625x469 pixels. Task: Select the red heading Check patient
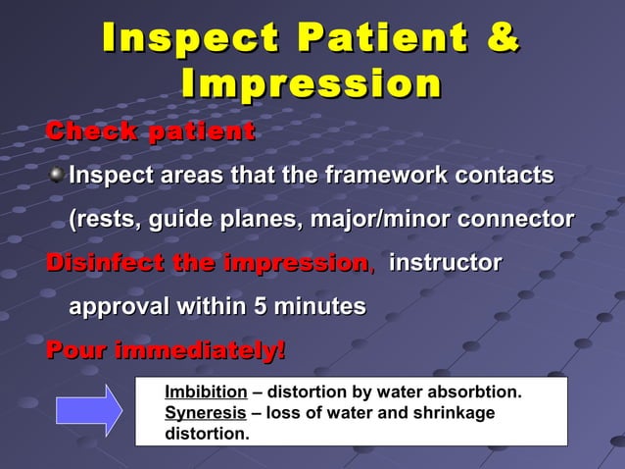151,130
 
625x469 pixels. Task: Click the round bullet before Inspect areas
57,176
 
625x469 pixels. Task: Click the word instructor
446,264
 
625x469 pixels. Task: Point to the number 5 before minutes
260,307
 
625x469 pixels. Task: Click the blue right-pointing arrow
89,410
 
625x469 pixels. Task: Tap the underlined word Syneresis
205,413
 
